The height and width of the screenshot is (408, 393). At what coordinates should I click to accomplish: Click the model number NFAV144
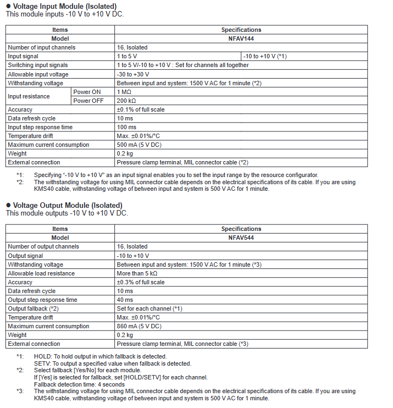241,38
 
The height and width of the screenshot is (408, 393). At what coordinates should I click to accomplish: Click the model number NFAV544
241,238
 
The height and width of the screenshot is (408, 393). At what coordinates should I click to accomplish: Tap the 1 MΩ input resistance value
124,92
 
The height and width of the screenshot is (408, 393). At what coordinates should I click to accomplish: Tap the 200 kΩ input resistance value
126,101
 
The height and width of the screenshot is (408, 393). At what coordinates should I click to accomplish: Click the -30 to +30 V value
133,74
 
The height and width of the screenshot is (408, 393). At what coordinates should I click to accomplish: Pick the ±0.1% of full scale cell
141,109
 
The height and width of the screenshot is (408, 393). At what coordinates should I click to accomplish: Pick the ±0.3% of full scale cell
141,282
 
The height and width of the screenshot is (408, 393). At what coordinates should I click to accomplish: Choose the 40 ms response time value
125,300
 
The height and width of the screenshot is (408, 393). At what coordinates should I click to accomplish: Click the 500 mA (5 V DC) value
139,145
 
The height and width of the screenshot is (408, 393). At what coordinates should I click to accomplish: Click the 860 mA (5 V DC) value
139,326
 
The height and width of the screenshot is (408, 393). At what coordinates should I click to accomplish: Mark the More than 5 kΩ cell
137,273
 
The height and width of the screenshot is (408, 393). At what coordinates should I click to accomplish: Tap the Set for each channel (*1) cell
150,308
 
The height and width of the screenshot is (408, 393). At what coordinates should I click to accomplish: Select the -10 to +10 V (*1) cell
265,56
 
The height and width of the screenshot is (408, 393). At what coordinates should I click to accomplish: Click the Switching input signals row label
38,65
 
